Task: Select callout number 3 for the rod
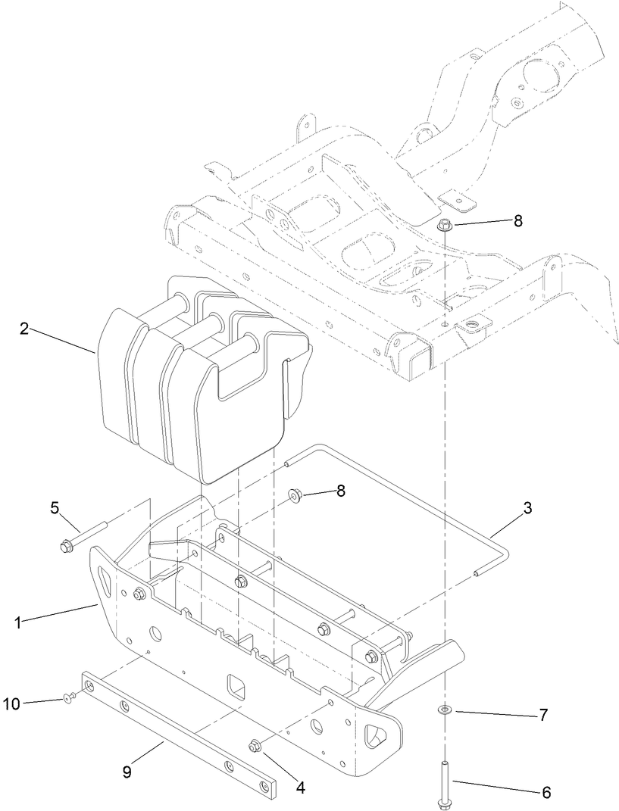527,508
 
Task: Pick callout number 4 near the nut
300,787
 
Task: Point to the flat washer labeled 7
442,710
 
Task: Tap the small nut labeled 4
255,747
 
